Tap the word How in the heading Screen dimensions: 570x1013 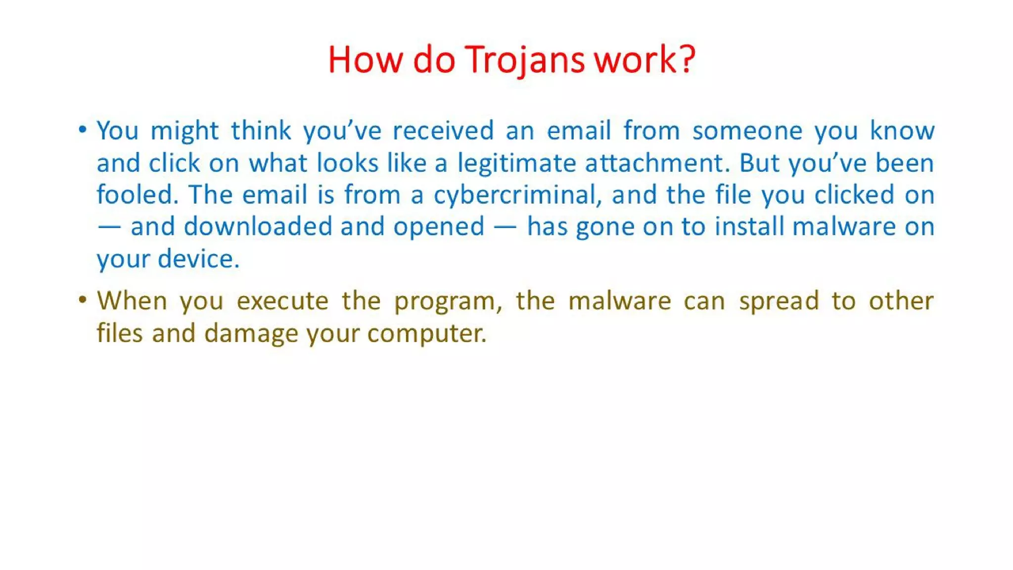click(x=365, y=60)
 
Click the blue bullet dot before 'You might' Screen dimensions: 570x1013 click(x=83, y=130)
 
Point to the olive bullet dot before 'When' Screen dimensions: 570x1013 click(x=83, y=300)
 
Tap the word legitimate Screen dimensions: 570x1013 click(x=516, y=163)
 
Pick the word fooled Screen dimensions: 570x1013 click(x=137, y=194)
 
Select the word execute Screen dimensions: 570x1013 click(x=282, y=301)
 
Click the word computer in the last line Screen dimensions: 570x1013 click(x=427, y=333)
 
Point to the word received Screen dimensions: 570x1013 click(x=443, y=131)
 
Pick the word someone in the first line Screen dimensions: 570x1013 click(x=747, y=131)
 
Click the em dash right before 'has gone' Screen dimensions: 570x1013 click(x=505, y=227)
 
